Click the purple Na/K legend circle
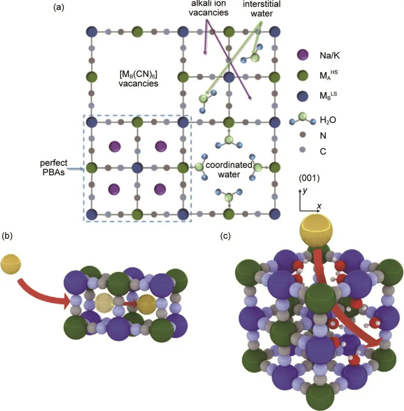coord(301,55)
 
